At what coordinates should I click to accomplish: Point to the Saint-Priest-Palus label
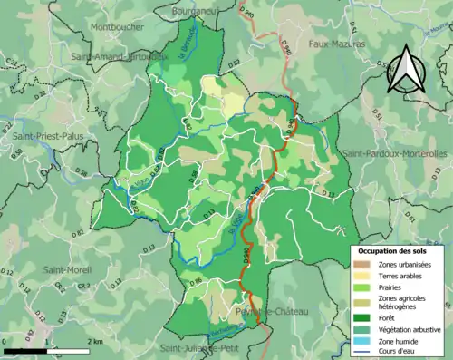[x=46, y=136]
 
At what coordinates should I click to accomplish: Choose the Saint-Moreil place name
[x=66, y=269]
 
